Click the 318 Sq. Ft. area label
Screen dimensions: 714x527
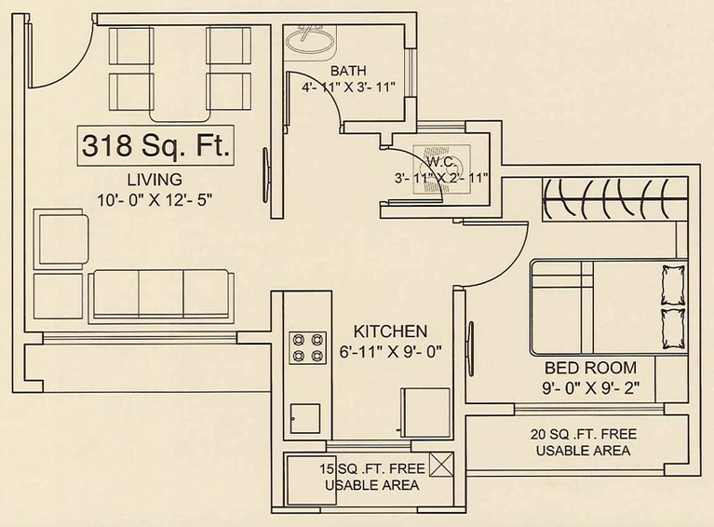155,145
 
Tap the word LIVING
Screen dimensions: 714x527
155,180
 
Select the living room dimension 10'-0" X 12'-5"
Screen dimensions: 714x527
155,199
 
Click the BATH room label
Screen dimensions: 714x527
348,71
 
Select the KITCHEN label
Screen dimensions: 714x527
391,331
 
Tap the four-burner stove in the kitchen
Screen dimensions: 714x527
308,348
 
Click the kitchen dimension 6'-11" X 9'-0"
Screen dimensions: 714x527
391,352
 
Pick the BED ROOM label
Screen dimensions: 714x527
590,368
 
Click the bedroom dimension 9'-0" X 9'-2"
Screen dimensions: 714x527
590,388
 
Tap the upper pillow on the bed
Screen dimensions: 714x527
673,286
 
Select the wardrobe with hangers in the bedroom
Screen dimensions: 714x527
614,199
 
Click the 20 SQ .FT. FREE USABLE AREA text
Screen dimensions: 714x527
584,442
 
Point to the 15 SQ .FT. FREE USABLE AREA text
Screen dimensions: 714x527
372,477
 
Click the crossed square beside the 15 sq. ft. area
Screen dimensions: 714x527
441,465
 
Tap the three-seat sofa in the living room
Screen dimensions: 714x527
161,296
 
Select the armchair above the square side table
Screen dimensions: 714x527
61,237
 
